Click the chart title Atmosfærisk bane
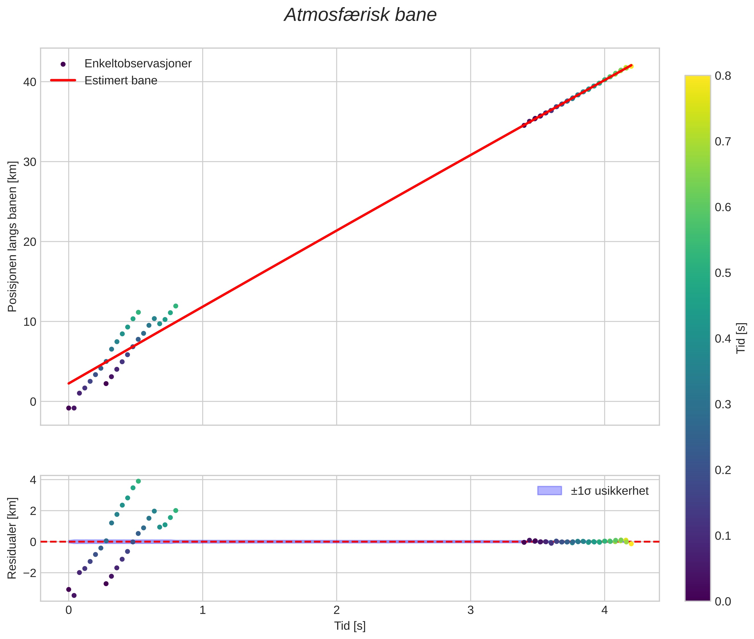pyautogui.click(x=360, y=15)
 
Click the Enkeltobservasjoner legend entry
pyautogui.click(x=138, y=64)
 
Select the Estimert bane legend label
pyautogui.click(x=121, y=81)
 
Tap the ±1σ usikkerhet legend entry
pyautogui.click(x=609, y=491)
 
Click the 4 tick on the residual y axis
pyautogui.click(x=33, y=480)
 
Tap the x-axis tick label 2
pyautogui.click(x=337, y=610)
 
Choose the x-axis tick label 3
pyautogui.click(x=470, y=610)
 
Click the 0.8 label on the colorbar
pyautogui.click(x=722, y=76)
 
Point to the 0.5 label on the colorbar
pyautogui.click(x=722, y=273)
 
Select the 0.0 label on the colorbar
pyautogui.click(x=722, y=601)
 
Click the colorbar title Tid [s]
pyautogui.click(x=741, y=338)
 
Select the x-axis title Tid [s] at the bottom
pyautogui.click(x=350, y=626)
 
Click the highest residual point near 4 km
pyautogui.click(x=138, y=481)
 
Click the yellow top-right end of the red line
pyautogui.click(x=631, y=66)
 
